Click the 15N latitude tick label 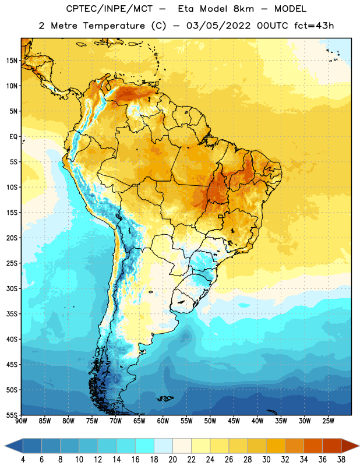[12, 61]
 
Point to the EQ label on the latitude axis [13, 137]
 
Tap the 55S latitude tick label [12, 415]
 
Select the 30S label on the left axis [12, 288]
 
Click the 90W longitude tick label [21, 421]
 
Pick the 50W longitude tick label [210, 421]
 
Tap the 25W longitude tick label [328, 421]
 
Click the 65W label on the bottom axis [139, 421]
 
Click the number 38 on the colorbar [341, 460]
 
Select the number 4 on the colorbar [23, 460]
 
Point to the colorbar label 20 [172, 460]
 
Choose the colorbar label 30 [266, 460]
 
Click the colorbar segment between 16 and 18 [145, 446]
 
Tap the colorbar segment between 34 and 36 [313, 446]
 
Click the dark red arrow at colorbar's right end [350, 446]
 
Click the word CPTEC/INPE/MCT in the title [110, 9]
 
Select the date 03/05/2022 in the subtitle [218, 26]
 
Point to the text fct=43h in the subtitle [314, 26]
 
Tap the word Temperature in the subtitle [114, 26]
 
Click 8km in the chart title [243, 9]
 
